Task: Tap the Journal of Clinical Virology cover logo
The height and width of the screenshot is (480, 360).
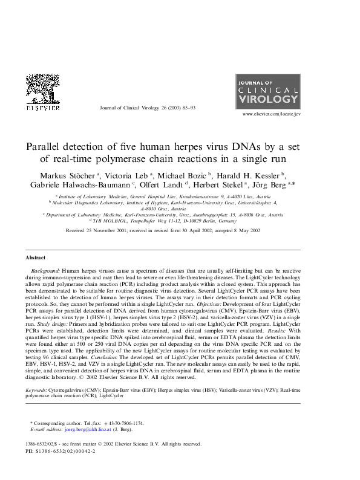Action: pyautogui.click(x=276, y=91)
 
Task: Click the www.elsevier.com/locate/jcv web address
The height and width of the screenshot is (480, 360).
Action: pyautogui.click(x=270, y=114)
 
